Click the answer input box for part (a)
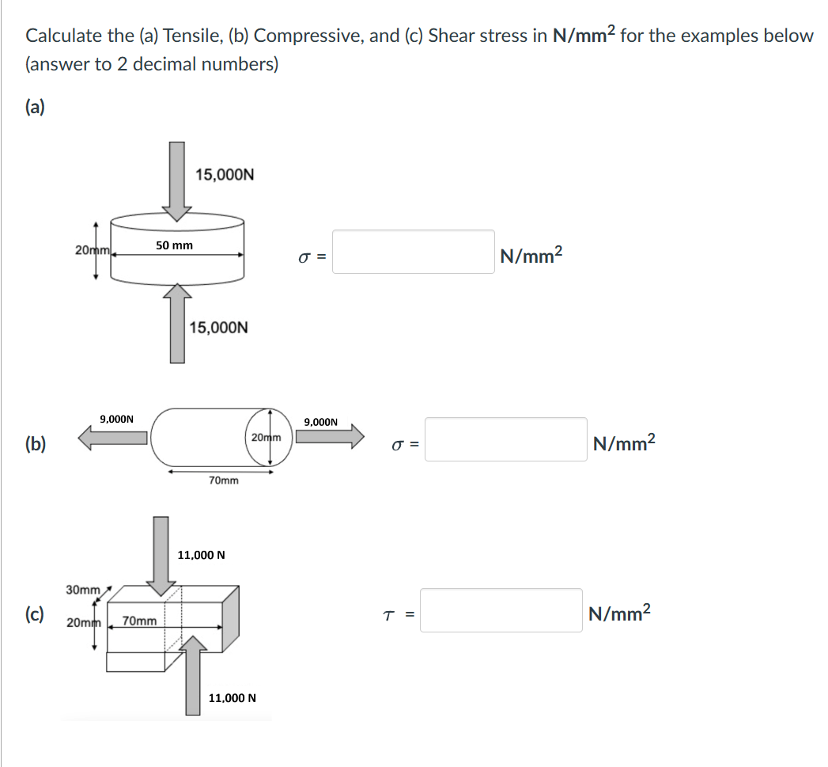(x=413, y=252)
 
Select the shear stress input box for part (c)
(x=501, y=610)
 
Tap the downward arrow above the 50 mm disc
(x=176, y=180)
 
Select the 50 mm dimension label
(x=174, y=245)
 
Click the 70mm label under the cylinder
(x=223, y=480)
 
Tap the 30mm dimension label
(x=82, y=590)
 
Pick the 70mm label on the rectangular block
(x=140, y=621)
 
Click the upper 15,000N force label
(x=225, y=174)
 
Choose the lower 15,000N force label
(x=219, y=327)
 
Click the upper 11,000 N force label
(x=201, y=555)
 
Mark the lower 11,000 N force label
(x=232, y=698)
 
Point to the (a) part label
(x=36, y=107)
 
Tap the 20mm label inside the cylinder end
(x=266, y=437)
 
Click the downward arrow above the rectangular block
(x=161, y=555)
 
